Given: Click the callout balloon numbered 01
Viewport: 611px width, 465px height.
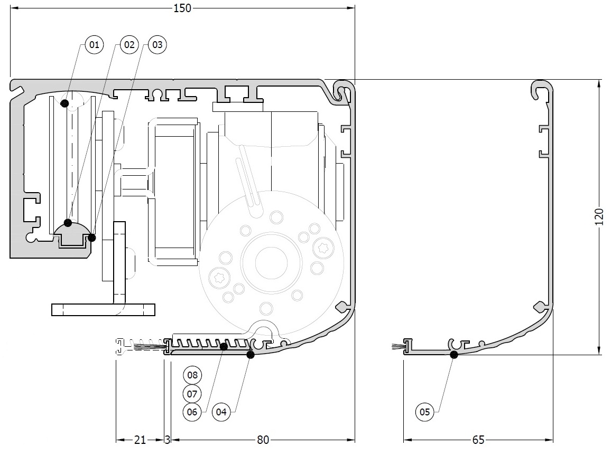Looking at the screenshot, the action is point(94,45).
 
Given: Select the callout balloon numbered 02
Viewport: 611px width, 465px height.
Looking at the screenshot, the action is point(129,45).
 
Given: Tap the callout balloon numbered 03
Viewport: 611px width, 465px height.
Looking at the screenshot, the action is point(157,45).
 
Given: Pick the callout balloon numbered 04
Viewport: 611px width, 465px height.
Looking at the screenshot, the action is point(221,412).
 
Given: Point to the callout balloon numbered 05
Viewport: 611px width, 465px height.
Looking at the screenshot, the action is point(425,412).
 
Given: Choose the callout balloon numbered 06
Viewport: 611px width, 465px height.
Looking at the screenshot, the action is point(192,412).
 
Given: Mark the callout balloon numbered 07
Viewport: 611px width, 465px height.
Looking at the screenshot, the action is point(192,394).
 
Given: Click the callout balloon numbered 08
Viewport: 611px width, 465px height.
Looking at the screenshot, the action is point(192,375).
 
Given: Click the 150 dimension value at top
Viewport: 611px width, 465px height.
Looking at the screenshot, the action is point(182,8).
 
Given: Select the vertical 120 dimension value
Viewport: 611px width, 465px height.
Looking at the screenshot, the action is point(599,217).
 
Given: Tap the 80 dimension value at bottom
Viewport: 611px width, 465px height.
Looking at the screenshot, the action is point(263,440).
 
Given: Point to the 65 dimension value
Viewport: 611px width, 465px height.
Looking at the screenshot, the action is point(478,440).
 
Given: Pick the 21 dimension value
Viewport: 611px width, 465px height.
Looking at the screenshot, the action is point(140,440).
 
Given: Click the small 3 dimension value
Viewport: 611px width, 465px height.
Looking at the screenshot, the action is point(167,440).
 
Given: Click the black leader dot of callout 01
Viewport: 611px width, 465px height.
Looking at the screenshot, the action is point(64,103).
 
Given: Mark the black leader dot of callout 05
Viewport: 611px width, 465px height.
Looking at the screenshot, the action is point(453,355).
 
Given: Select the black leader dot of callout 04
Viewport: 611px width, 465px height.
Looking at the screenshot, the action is point(251,355).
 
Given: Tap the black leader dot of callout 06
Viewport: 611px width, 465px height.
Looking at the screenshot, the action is point(224,346).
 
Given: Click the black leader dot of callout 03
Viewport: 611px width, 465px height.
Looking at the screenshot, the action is point(92,238).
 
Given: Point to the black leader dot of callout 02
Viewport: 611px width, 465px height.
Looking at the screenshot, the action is point(68,223).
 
